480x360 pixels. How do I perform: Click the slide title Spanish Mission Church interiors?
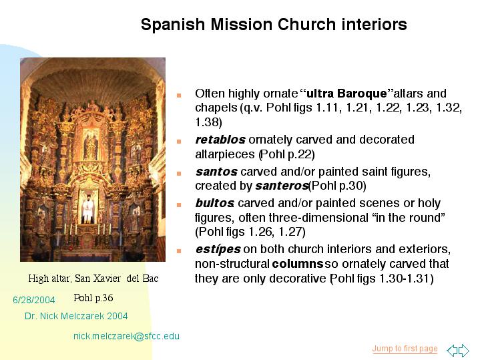(274, 25)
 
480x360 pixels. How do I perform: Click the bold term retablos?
(220, 140)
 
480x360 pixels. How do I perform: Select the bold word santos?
(216, 172)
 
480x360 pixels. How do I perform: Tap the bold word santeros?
(282, 186)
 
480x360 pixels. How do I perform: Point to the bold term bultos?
(215, 203)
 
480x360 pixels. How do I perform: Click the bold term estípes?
(218, 249)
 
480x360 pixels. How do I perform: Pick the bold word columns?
(298, 264)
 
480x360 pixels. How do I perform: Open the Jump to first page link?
(405, 349)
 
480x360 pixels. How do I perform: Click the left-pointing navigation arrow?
(452, 350)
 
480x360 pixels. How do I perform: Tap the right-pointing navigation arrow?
(464, 350)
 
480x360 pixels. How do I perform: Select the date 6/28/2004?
(33, 300)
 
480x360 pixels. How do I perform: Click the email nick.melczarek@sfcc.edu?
(126, 336)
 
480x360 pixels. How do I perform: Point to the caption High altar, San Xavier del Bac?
(93, 279)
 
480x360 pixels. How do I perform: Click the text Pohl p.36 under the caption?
(93, 297)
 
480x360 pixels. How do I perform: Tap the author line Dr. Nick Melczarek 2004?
(76, 316)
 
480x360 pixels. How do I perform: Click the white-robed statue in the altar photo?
(88, 208)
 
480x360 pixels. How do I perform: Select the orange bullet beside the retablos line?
(179, 141)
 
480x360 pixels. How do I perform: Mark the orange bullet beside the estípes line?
(179, 251)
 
